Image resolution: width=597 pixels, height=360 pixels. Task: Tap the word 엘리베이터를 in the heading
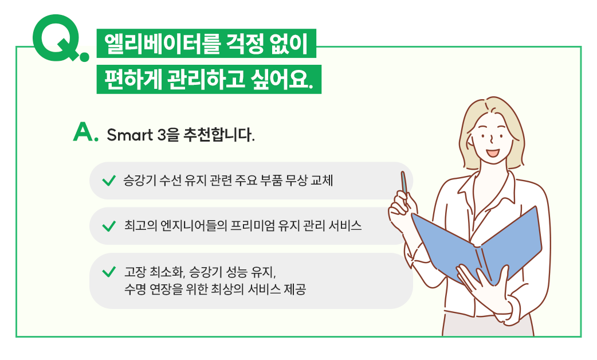pos(162,44)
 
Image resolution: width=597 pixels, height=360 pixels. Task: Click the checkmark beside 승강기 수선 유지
pos(109,180)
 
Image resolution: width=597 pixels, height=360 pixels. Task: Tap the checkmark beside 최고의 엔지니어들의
pos(109,226)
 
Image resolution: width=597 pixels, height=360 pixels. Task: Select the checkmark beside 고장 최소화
pos(109,272)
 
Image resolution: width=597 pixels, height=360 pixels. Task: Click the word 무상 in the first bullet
pos(296,180)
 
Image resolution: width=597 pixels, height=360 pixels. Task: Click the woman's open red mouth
pos(493,152)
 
